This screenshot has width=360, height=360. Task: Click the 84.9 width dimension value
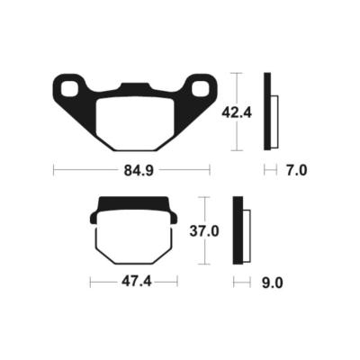point(131,167)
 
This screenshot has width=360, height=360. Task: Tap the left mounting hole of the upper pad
point(68,88)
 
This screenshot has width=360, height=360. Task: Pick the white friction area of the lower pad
point(131,238)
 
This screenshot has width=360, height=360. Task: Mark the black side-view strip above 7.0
point(267,110)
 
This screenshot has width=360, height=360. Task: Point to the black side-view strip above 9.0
point(237,230)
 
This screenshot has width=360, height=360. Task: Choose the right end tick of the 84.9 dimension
point(210,167)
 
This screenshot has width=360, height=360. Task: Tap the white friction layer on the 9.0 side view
point(246,235)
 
